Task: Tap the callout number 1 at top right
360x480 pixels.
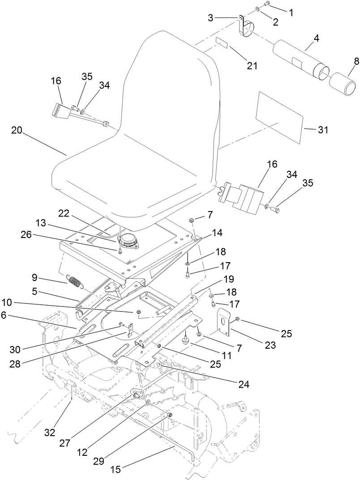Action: (x=291, y=12)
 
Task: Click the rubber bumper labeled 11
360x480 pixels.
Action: (x=184, y=342)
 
